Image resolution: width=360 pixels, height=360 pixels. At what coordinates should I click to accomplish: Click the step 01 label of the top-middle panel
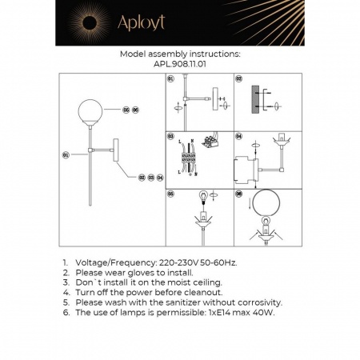coord(171,80)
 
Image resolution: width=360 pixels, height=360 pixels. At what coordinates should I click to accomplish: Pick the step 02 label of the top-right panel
coord(239,80)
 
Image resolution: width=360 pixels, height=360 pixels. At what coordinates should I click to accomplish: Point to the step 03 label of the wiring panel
coord(171,138)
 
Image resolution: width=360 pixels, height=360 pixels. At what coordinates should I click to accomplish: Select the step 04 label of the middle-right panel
coord(239,138)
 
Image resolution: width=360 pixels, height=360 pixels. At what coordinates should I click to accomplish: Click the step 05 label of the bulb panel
coord(171,194)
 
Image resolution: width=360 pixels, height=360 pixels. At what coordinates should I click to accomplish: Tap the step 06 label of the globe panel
coord(239,194)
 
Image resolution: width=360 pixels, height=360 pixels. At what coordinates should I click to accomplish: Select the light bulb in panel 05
coord(203,196)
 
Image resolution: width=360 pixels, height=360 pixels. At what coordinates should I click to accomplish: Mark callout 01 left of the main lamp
coord(66,154)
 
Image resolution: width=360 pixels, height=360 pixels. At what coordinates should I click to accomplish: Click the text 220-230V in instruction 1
coord(178,262)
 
